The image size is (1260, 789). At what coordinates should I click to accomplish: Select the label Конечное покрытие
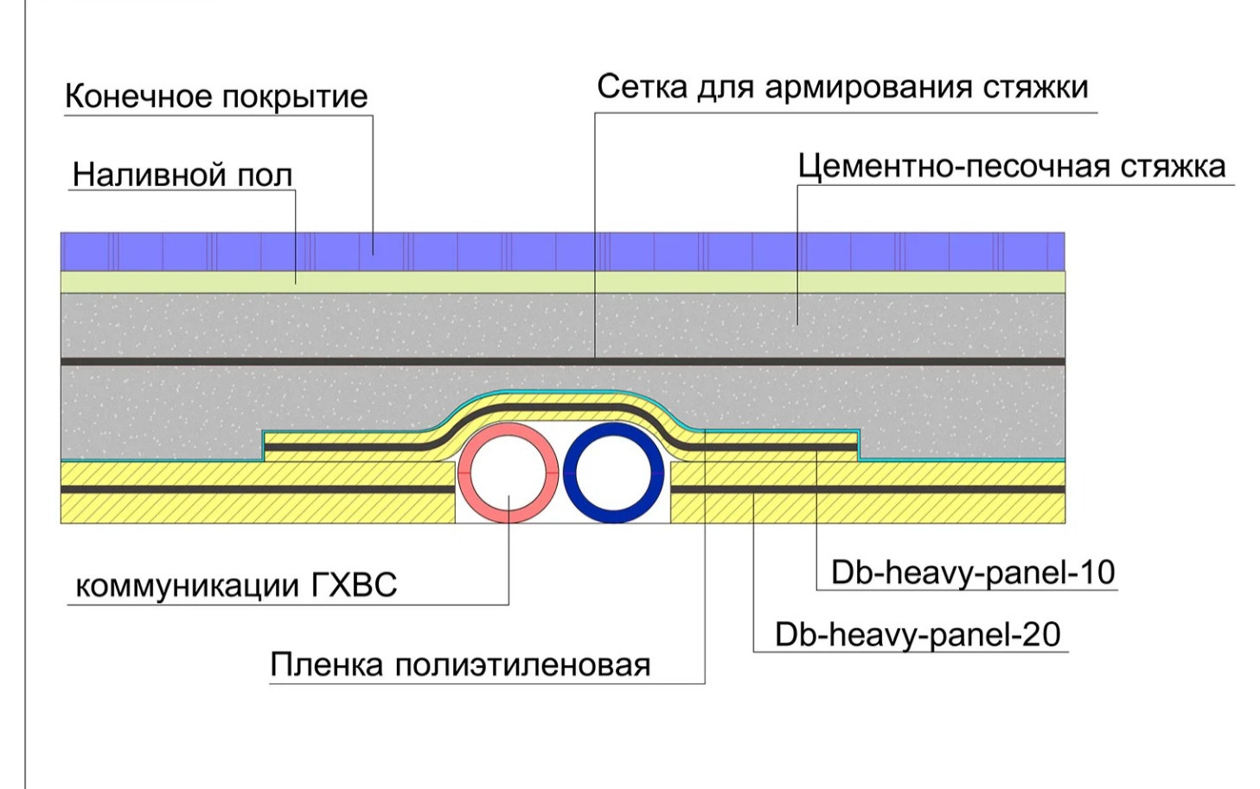pos(216,96)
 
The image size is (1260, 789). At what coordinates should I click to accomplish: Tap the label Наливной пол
pos(182,175)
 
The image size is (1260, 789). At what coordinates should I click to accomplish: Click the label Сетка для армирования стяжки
pos(841,87)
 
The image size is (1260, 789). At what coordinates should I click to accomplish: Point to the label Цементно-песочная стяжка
pos(1011,166)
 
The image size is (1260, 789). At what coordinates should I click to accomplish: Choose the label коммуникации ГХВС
pos(236,586)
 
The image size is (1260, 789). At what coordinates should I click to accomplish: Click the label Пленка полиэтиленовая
pos(460,664)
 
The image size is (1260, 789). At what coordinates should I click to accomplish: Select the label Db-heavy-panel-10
pos(972,573)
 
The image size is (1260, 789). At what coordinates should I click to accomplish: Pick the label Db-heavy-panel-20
pos(917,635)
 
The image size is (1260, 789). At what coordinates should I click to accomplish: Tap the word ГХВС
pos(353,586)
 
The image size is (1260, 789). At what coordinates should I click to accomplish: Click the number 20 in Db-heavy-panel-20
pos(1041,635)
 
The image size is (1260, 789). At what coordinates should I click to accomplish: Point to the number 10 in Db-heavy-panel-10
pos(1096,573)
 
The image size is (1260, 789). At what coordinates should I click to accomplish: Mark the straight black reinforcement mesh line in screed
pos(346,361)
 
